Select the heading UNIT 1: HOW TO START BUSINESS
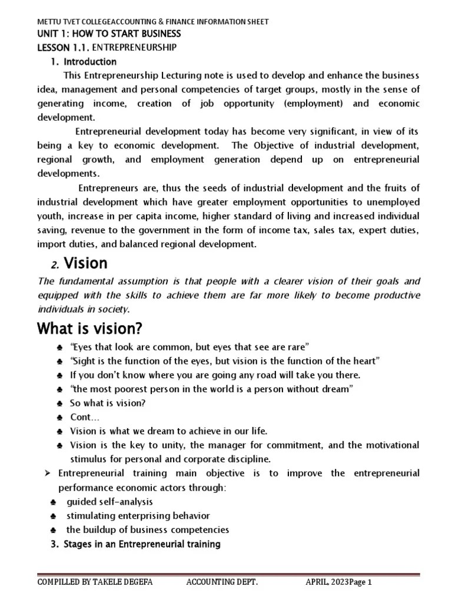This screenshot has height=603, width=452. point(109,34)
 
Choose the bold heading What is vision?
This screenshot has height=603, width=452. point(90,327)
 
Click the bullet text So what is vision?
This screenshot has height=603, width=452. point(108,403)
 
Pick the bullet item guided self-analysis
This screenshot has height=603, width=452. point(109,502)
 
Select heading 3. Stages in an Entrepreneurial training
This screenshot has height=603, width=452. point(135,544)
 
